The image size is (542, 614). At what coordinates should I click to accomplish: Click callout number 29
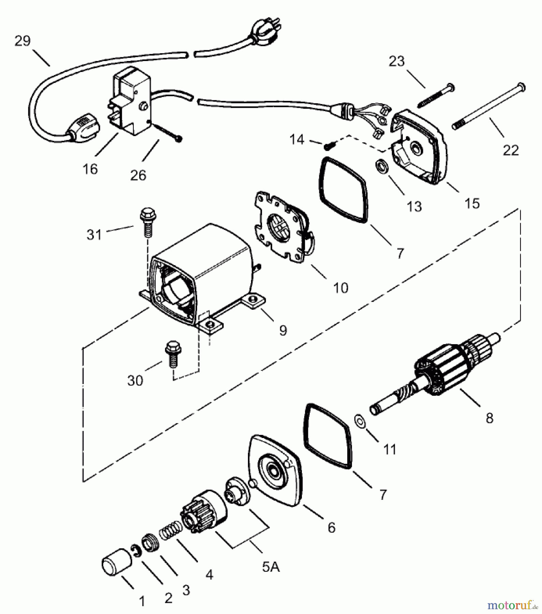(x=23, y=41)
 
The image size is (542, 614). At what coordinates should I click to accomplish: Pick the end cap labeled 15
(x=420, y=147)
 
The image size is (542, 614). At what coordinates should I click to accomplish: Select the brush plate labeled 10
(x=284, y=227)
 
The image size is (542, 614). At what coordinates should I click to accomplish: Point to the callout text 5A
(x=271, y=567)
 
